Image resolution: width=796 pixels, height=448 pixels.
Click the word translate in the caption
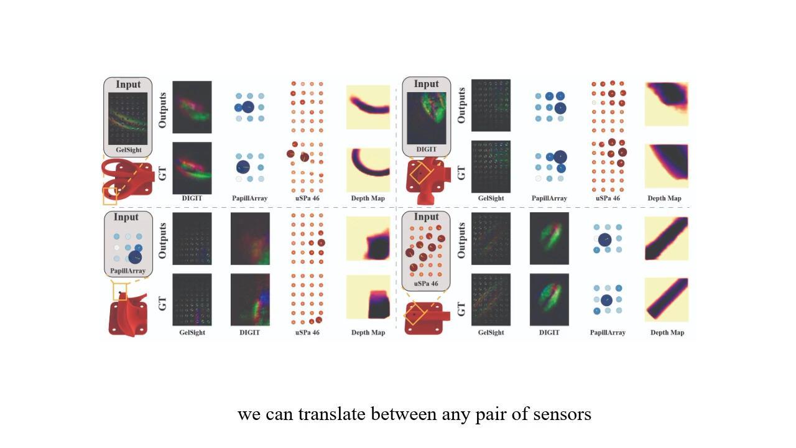(331, 414)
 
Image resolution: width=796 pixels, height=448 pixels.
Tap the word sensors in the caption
(562, 415)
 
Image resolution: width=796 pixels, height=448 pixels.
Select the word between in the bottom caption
(404, 414)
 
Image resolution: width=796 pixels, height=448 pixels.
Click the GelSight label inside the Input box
(129, 150)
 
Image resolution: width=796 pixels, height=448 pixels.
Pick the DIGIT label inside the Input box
(427, 149)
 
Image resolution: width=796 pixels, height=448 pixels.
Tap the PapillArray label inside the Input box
(127, 271)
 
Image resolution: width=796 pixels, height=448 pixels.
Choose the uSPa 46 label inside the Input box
(426, 283)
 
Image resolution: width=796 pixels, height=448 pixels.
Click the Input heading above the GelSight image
(128, 85)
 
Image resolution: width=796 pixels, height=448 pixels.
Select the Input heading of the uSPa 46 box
(426, 217)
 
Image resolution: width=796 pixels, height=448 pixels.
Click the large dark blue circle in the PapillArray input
(135, 257)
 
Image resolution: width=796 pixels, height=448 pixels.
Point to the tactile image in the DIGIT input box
(427, 118)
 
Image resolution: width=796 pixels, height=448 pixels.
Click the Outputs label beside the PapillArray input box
(162, 241)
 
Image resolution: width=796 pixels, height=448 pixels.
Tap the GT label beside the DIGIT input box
(461, 173)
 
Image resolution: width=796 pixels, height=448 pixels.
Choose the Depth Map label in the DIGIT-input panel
(664, 198)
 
